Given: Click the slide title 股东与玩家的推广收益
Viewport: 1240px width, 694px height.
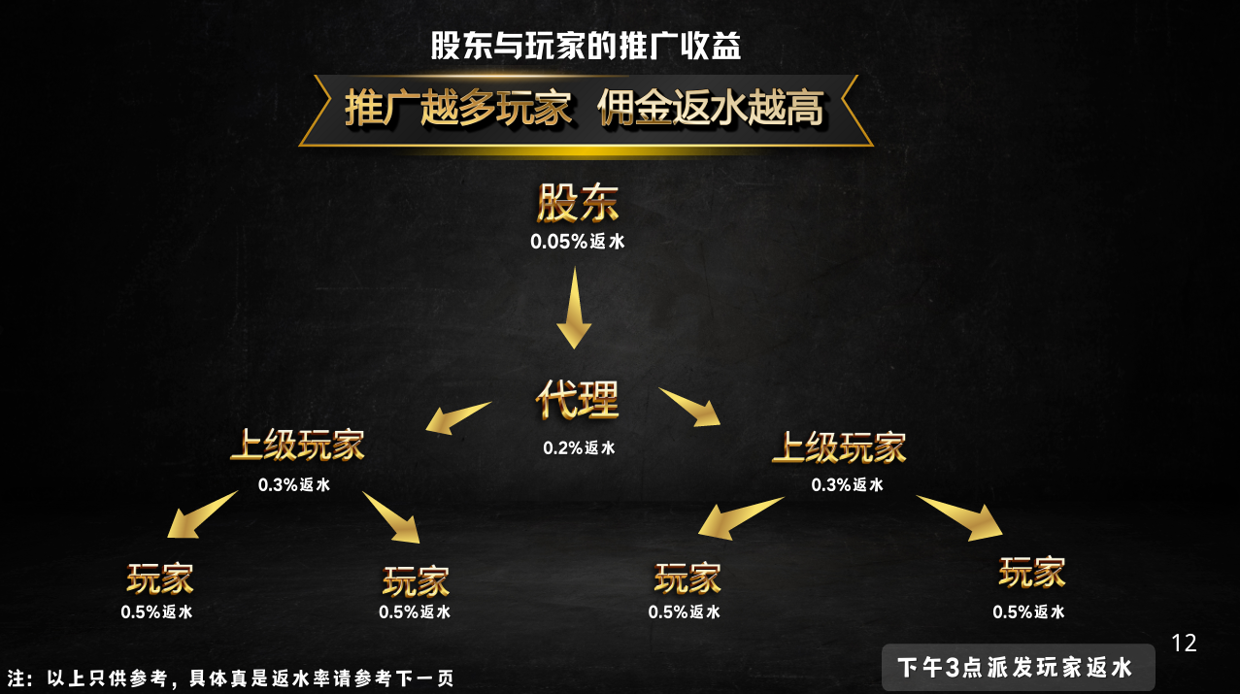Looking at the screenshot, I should click(586, 47).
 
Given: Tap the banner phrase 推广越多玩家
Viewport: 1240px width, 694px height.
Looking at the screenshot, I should click(458, 108).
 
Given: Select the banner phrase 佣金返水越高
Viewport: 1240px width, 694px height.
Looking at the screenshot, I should click(711, 108).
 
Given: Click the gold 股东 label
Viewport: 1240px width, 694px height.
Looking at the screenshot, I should click(578, 204).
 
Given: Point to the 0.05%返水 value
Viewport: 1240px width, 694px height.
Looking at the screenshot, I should click(578, 242).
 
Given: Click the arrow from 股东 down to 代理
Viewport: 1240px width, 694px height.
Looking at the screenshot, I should click(574, 308).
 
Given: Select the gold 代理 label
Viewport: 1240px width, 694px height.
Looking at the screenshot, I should click(577, 400).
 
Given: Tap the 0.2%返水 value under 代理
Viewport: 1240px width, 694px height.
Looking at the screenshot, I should click(579, 448).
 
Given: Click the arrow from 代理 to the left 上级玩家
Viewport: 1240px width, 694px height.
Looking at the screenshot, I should click(457, 417).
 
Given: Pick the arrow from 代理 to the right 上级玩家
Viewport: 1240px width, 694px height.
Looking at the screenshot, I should click(690, 406).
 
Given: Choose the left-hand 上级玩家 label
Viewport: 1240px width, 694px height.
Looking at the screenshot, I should click(297, 446).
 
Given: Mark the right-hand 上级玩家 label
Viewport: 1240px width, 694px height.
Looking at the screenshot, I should click(839, 447).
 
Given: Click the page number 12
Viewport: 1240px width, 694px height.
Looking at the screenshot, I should click(1184, 643).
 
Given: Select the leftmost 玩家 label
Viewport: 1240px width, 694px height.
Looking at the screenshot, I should click(159, 578).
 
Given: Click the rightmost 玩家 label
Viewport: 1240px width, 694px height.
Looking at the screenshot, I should click(1031, 572).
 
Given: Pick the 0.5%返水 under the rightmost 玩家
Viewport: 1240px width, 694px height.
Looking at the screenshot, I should click(1028, 612).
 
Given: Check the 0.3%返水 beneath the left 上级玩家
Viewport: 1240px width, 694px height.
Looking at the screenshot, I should click(294, 484).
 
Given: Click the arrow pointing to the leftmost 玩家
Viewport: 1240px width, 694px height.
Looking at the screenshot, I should click(201, 514).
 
